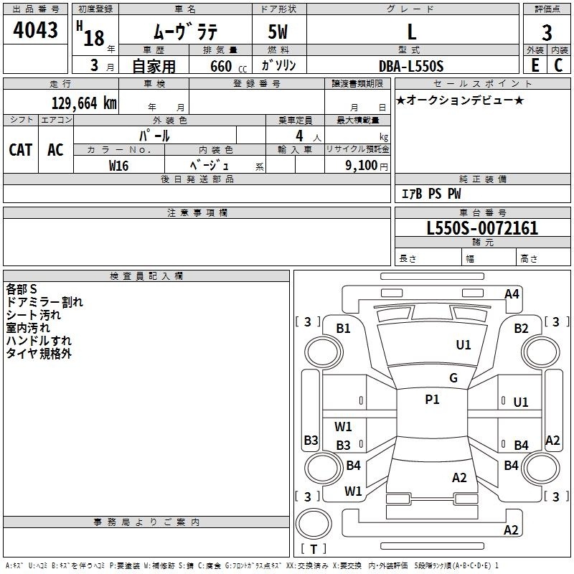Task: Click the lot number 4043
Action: pos(36,30)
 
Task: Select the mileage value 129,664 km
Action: pos(83,103)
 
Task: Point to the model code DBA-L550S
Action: pos(411,66)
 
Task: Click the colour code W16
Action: pos(118,165)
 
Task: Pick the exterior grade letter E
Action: pos(535,66)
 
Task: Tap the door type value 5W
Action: pos(279,32)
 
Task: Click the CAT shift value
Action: pos(20,149)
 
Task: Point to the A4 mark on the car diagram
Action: pos(512,293)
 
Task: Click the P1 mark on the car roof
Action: pos(432,400)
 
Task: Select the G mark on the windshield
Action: pos(453,378)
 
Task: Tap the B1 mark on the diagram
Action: pos(344,329)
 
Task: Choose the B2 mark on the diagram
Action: pos(521,329)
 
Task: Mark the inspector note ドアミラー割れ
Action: pos(44,302)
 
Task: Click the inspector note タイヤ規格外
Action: pos(39,354)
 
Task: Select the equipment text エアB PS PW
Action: pos(430,194)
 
